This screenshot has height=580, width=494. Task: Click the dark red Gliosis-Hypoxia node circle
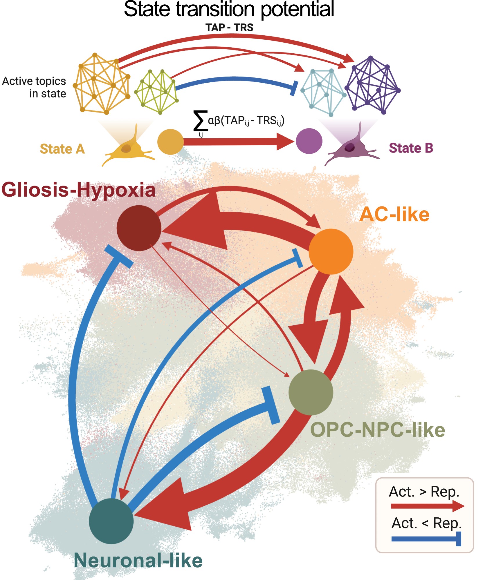[x=139, y=228]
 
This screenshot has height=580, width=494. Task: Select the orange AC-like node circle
[x=331, y=251]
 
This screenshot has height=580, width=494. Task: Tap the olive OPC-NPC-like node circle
[x=311, y=392]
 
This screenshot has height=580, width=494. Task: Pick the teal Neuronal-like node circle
[x=111, y=521]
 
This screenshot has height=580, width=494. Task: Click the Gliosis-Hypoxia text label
[x=78, y=190]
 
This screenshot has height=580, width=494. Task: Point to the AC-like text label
[x=394, y=214]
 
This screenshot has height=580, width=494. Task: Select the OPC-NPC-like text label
[x=377, y=430]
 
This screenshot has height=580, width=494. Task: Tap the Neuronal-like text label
[x=138, y=560]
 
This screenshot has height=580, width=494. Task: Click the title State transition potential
[x=229, y=9]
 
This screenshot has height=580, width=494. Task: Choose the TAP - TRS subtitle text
[x=229, y=28]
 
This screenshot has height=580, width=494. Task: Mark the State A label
[x=62, y=149]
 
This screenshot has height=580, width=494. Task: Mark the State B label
[x=411, y=148]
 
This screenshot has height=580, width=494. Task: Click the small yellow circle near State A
[x=170, y=142]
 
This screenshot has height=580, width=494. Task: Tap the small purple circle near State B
[x=309, y=141]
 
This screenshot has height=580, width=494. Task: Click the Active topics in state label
[x=34, y=87]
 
